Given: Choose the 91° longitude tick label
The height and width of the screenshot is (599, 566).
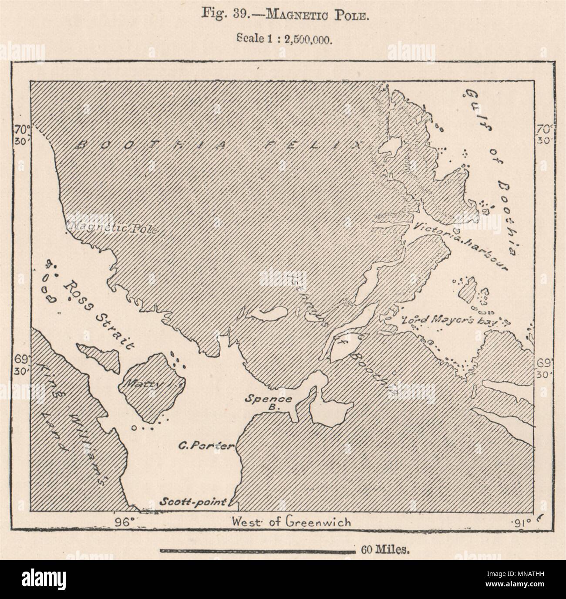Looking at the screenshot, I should click(x=519, y=522).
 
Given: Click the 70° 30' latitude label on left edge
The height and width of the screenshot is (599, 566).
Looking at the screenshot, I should click(x=20, y=135).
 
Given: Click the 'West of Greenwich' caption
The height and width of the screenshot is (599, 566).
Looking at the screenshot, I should click(x=291, y=521).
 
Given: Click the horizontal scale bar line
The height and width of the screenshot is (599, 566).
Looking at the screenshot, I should click(x=257, y=551).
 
